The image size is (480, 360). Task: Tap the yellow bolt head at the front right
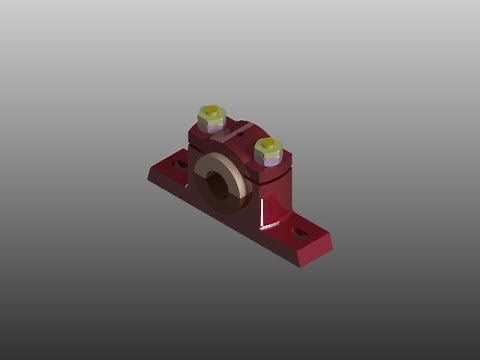click(268, 149)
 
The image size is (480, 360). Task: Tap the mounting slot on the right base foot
click(299, 231)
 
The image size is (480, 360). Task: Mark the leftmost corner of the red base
click(148, 172)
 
